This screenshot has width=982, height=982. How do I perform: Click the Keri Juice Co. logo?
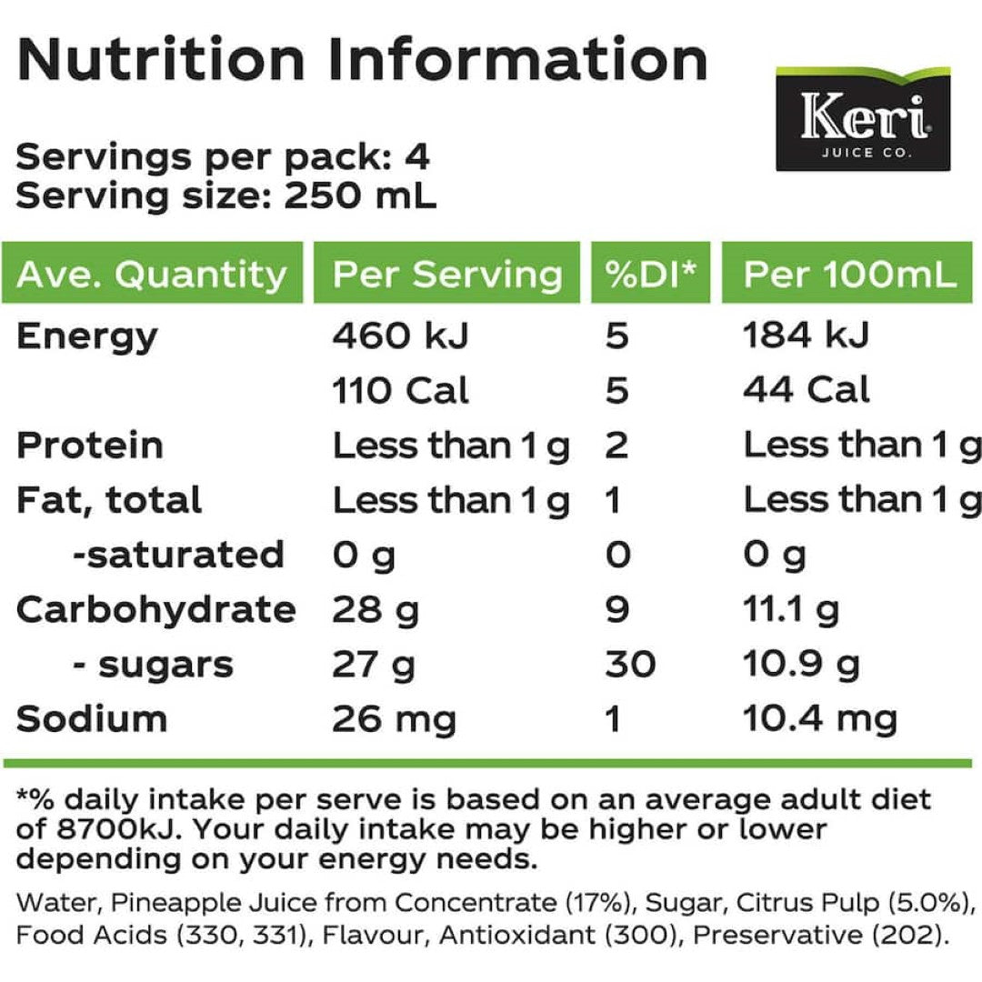pyautogui.click(x=862, y=119)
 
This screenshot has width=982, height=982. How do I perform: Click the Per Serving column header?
pyautogui.click(x=447, y=274)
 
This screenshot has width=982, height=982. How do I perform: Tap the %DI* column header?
pyautogui.click(x=650, y=274)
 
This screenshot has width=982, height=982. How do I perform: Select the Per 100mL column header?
pyautogui.click(x=850, y=274)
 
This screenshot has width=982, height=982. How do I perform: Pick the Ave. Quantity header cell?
pyautogui.click(x=152, y=274)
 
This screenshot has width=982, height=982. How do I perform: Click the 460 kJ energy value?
pyautogui.click(x=401, y=336)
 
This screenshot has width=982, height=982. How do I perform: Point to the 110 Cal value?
pyautogui.click(x=401, y=391)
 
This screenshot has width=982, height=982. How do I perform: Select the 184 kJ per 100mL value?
pyautogui.click(x=807, y=336)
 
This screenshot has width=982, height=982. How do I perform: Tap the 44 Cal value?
pyautogui.click(x=807, y=391)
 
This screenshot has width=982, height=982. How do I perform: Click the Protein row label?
pyautogui.click(x=90, y=446)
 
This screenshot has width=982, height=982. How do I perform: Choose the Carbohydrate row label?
pyautogui.click(x=155, y=609)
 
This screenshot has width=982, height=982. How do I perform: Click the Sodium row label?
pyautogui.click(x=92, y=719)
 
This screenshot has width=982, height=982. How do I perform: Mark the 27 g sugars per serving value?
pyautogui.click(x=374, y=665)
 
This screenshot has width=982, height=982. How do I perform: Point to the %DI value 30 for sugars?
pyautogui.click(x=630, y=665)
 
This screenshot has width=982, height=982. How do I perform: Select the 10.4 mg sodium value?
pyautogui.click(x=820, y=719)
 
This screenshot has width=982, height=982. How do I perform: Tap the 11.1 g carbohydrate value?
pyautogui.click(x=791, y=609)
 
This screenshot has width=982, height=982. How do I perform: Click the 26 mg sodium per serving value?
pyautogui.click(x=394, y=719)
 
